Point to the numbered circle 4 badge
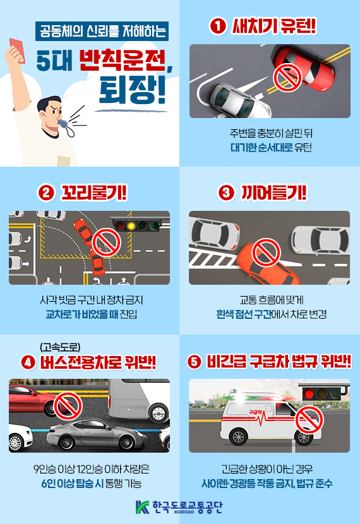[27, 362]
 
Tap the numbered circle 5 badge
[195, 362]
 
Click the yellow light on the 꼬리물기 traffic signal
[131, 225]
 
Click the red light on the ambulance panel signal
[309, 394]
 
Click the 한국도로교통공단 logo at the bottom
[179, 507]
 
